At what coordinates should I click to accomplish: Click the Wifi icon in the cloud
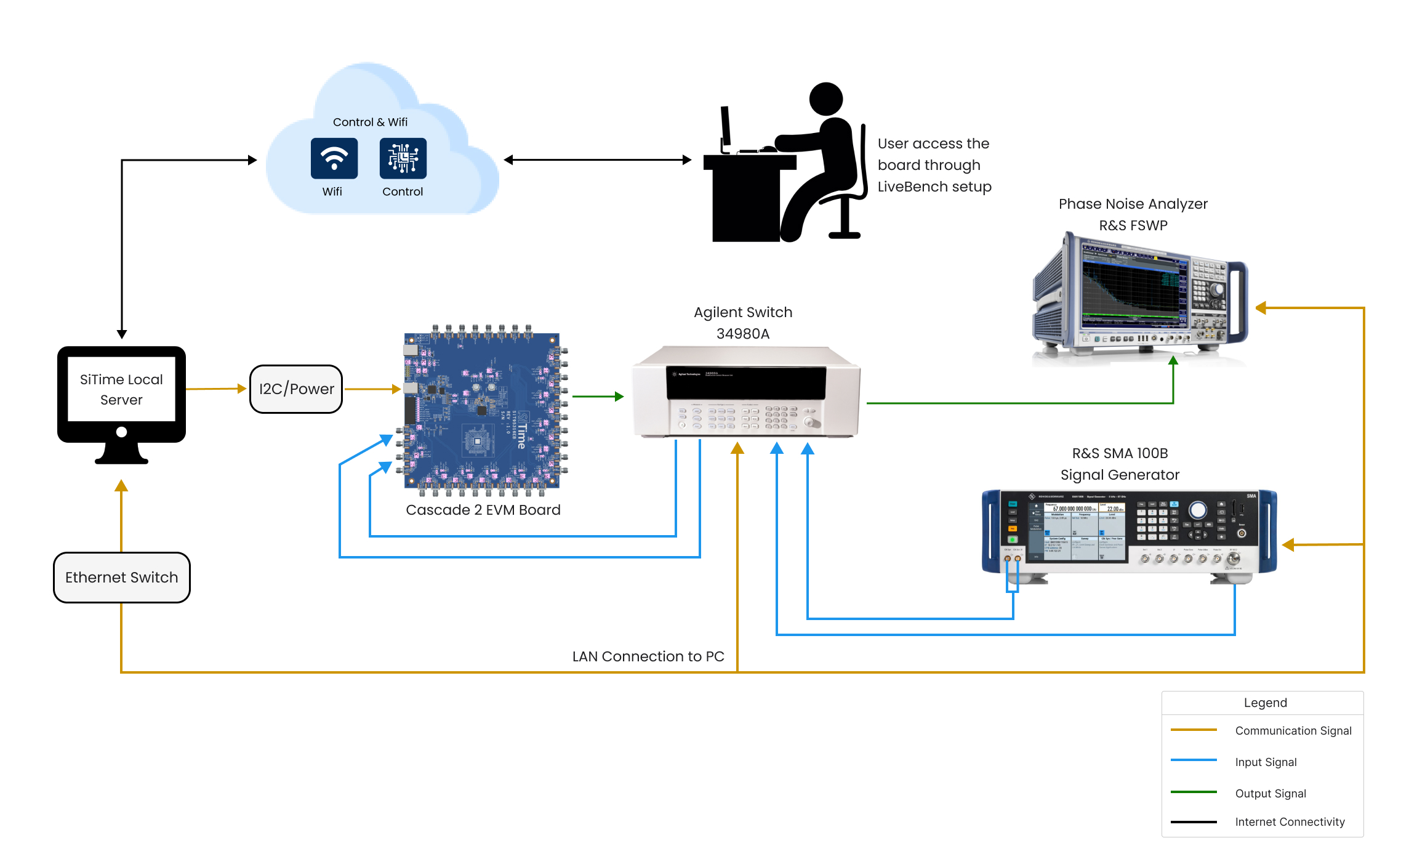point(334,158)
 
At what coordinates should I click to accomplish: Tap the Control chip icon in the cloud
point(403,158)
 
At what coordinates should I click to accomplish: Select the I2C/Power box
point(296,389)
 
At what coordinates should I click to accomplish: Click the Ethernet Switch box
point(122,578)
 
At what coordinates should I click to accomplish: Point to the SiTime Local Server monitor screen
point(121,389)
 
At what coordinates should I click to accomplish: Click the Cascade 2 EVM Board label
point(483,510)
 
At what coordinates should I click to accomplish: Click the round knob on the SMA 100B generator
point(1197,510)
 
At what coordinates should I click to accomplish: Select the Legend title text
point(1265,703)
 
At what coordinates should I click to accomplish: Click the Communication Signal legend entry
point(1293,731)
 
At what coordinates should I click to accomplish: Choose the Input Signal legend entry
point(1266,762)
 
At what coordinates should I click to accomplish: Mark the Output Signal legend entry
point(1270,794)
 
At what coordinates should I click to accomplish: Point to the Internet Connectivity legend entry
point(1290,822)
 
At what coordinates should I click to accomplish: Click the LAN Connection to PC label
point(648,656)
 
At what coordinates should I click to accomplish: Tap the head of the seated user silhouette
point(825,99)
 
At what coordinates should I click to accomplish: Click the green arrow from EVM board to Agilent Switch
point(598,397)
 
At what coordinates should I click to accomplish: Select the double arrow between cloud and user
point(597,160)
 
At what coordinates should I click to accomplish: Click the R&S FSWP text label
point(1133,225)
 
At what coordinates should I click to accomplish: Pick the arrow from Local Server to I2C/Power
point(216,389)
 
